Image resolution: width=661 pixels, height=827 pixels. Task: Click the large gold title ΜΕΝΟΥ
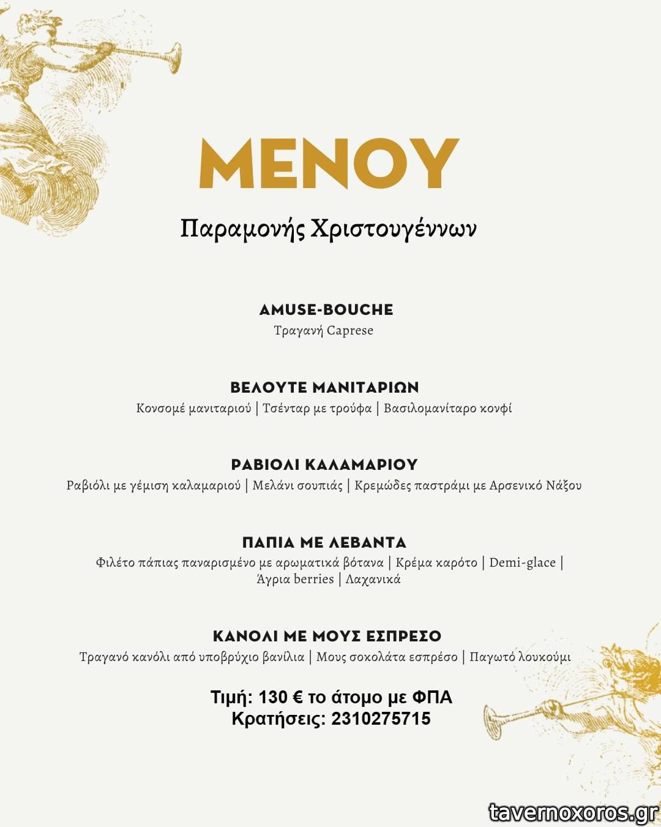[x=329, y=164]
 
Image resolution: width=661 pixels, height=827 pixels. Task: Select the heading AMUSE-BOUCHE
[x=326, y=309]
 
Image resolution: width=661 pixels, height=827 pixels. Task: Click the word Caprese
[x=349, y=331]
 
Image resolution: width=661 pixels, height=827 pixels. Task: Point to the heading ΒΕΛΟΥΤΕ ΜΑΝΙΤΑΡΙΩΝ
[x=324, y=387]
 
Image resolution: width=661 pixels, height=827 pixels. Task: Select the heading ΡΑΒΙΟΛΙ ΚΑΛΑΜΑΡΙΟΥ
[x=324, y=464]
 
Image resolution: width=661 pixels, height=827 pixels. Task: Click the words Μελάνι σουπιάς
[x=297, y=486]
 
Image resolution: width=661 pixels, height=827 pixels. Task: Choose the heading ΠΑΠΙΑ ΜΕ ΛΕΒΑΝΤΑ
[x=324, y=542]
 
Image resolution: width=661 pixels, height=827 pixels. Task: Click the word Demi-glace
[x=522, y=563]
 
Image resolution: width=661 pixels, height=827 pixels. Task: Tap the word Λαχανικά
[x=373, y=580]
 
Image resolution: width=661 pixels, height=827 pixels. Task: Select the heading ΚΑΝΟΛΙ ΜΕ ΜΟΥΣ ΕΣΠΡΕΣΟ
[x=327, y=636]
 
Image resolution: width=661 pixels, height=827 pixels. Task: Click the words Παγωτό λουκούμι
[x=520, y=657]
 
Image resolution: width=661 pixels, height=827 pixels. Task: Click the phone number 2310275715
[x=381, y=719]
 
